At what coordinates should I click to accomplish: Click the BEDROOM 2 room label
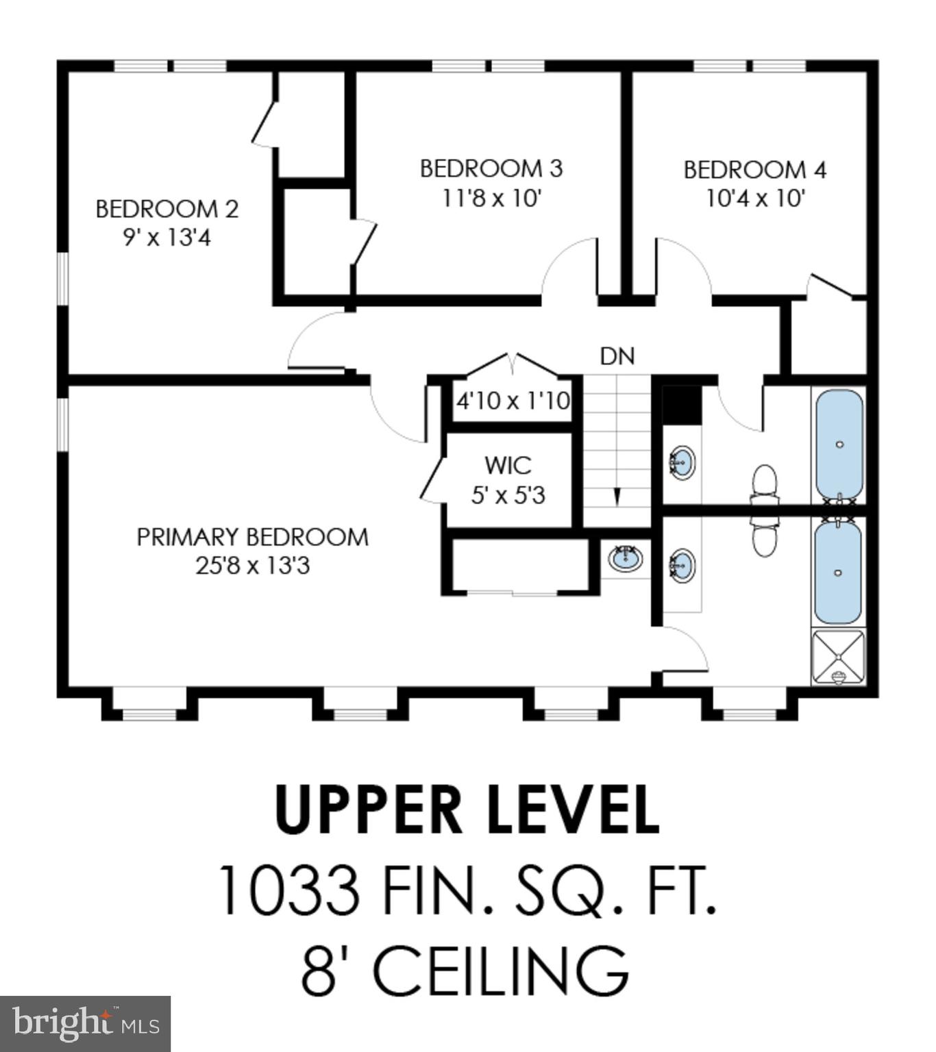pyautogui.click(x=167, y=209)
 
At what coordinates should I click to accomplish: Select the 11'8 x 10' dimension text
pyautogui.click(x=491, y=199)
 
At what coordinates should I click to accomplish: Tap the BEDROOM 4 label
pyautogui.click(x=754, y=170)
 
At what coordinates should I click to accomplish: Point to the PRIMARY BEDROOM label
pyautogui.click(x=252, y=537)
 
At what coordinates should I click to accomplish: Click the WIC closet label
pyautogui.click(x=508, y=466)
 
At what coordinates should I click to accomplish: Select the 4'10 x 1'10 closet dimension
pyautogui.click(x=513, y=401)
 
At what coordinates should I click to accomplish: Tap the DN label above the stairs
pyautogui.click(x=617, y=356)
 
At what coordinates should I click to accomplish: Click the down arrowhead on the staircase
pyautogui.click(x=617, y=497)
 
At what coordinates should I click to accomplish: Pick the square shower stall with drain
pyautogui.click(x=838, y=656)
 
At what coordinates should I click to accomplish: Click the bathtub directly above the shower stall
pyautogui.click(x=839, y=572)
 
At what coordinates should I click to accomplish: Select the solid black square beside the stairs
pyautogui.click(x=682, y=404)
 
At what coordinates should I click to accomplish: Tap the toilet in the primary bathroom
pyautogui.click(x=764, y=538)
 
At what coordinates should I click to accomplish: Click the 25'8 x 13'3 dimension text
pyautogui.click(x=252, y=566)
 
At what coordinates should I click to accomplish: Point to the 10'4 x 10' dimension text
pyautogui.click(x=754, y=199)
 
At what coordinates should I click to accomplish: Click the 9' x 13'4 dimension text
pyautogui.click(x=167, y=238)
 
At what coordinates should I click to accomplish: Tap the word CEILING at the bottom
pyautogui.click(x=500, y=971)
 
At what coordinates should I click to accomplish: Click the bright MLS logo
pyautogui.click(x=85, y=1023)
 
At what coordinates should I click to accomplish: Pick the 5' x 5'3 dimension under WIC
pyautogui.click(x=508, y=495)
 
